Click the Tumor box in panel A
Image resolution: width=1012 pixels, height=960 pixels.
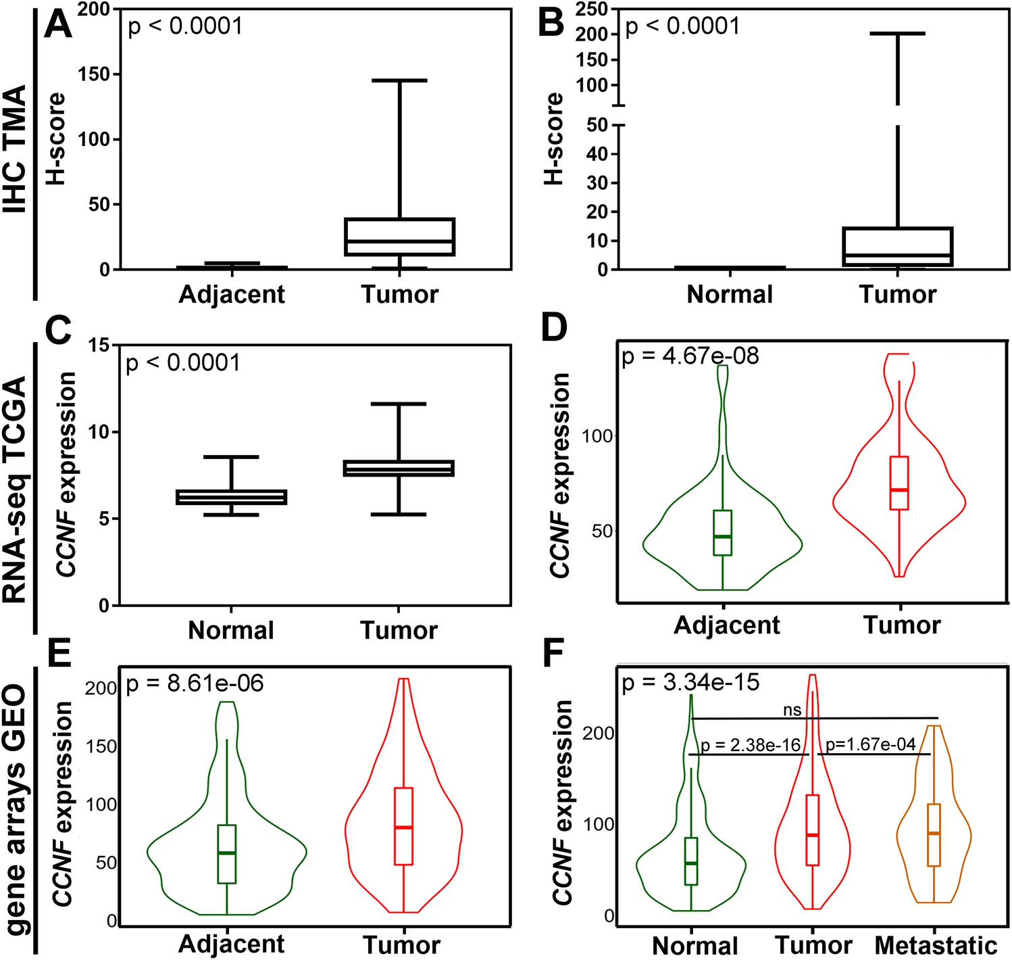pyautogui.click(x=399, y=237)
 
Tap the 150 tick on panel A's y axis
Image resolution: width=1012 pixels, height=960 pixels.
pyautogui.click(x=94, y=74)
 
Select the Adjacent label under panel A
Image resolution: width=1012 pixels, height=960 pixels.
pyautogui.click(x=232, y=294)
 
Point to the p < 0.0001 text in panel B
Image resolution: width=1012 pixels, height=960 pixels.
pyautogui.click(x=682, y=27)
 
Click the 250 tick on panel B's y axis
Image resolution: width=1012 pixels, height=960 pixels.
pyautogui.click(x=592, y=9)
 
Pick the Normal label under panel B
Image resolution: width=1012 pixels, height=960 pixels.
pyautogui.click(x=730, y=294)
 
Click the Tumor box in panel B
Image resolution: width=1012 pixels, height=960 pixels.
pyautogui.click(x=897, y=247)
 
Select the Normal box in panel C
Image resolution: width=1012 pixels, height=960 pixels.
pyautogui.click(x=231, y=497)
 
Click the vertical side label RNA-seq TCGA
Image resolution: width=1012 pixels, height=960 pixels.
pyautogui.click(x=16, y=490)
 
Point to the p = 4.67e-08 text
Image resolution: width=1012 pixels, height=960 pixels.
pyautogui.click(x=690, y=356)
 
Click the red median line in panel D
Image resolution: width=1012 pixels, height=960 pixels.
pyautogui.click(x=899, y=489)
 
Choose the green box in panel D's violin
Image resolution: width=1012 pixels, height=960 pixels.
pyautogui.click(x=722, y=533)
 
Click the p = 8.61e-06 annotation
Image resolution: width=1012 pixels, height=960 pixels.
pyautogui.click(x=195, y=683)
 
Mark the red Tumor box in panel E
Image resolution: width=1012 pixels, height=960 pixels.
pyautogui.click(x=403, y=825)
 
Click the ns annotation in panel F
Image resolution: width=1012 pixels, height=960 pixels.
pyautogui.click(x=792, y=710)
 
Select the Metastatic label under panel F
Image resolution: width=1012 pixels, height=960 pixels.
pyautogui.click(x=936, y=945)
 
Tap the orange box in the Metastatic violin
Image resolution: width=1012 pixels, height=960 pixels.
pyautogui.click(x=934, y=835)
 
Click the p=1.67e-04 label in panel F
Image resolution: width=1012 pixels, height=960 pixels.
pyautogui.click(x=870, y=745)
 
